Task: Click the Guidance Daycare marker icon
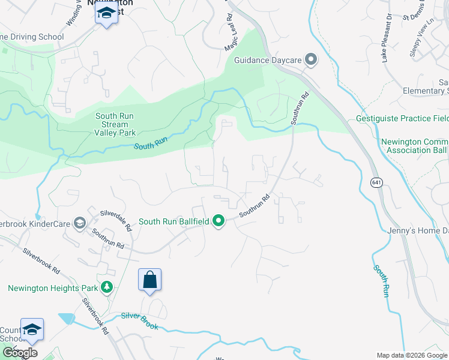pos(310,59)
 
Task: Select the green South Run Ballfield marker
pos(219,221)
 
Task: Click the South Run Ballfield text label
pos(174,221)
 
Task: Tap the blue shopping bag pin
pos(149,280)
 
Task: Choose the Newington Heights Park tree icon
pos(107,288)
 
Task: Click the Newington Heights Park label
pos(52,288)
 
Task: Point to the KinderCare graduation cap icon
pos(79,223)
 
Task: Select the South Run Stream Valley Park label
pos(115,124)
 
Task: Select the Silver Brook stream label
pos(139,320)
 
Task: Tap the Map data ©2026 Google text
pos(412,355)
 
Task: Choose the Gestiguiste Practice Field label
pos(402,119)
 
